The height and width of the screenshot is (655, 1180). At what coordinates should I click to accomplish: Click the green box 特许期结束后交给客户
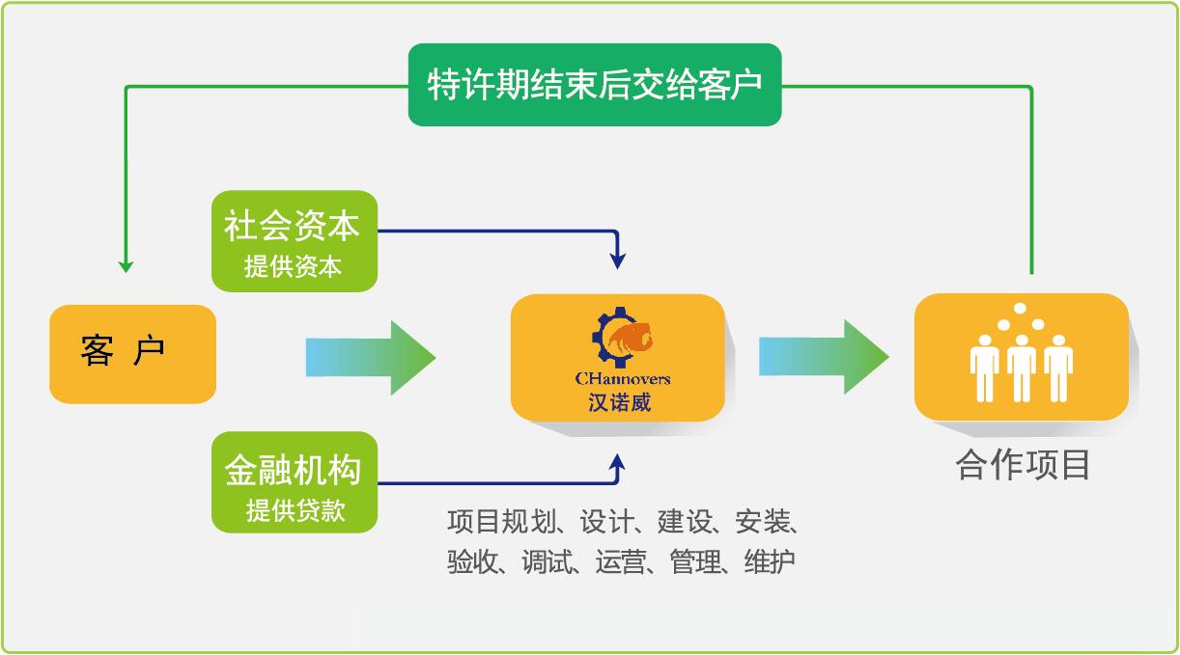point(594,84)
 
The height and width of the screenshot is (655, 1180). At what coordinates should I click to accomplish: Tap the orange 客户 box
point(132,353)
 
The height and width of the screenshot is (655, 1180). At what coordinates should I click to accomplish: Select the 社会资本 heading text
point(292,226)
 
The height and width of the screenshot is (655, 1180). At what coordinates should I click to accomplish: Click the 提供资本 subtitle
point(293,266)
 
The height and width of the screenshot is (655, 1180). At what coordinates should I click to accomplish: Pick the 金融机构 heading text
point(293,470)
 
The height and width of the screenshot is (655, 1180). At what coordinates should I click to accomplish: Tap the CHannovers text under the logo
point(621,379)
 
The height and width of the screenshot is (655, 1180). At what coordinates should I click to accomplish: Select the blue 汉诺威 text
point(620,401)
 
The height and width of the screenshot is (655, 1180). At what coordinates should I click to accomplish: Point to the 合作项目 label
point(1023,465)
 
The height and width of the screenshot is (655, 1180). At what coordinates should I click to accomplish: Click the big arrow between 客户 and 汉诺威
point(371,357)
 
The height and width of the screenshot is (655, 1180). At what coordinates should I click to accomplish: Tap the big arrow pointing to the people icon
point(824,357)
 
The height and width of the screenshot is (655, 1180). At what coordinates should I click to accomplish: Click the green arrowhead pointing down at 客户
point(126,264)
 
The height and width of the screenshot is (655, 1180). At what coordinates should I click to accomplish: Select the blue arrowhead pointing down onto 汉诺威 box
point(618,260)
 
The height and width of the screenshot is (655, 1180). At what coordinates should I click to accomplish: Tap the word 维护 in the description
point(770,561)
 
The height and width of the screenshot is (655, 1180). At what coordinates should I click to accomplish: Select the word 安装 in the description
point(762,522)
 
